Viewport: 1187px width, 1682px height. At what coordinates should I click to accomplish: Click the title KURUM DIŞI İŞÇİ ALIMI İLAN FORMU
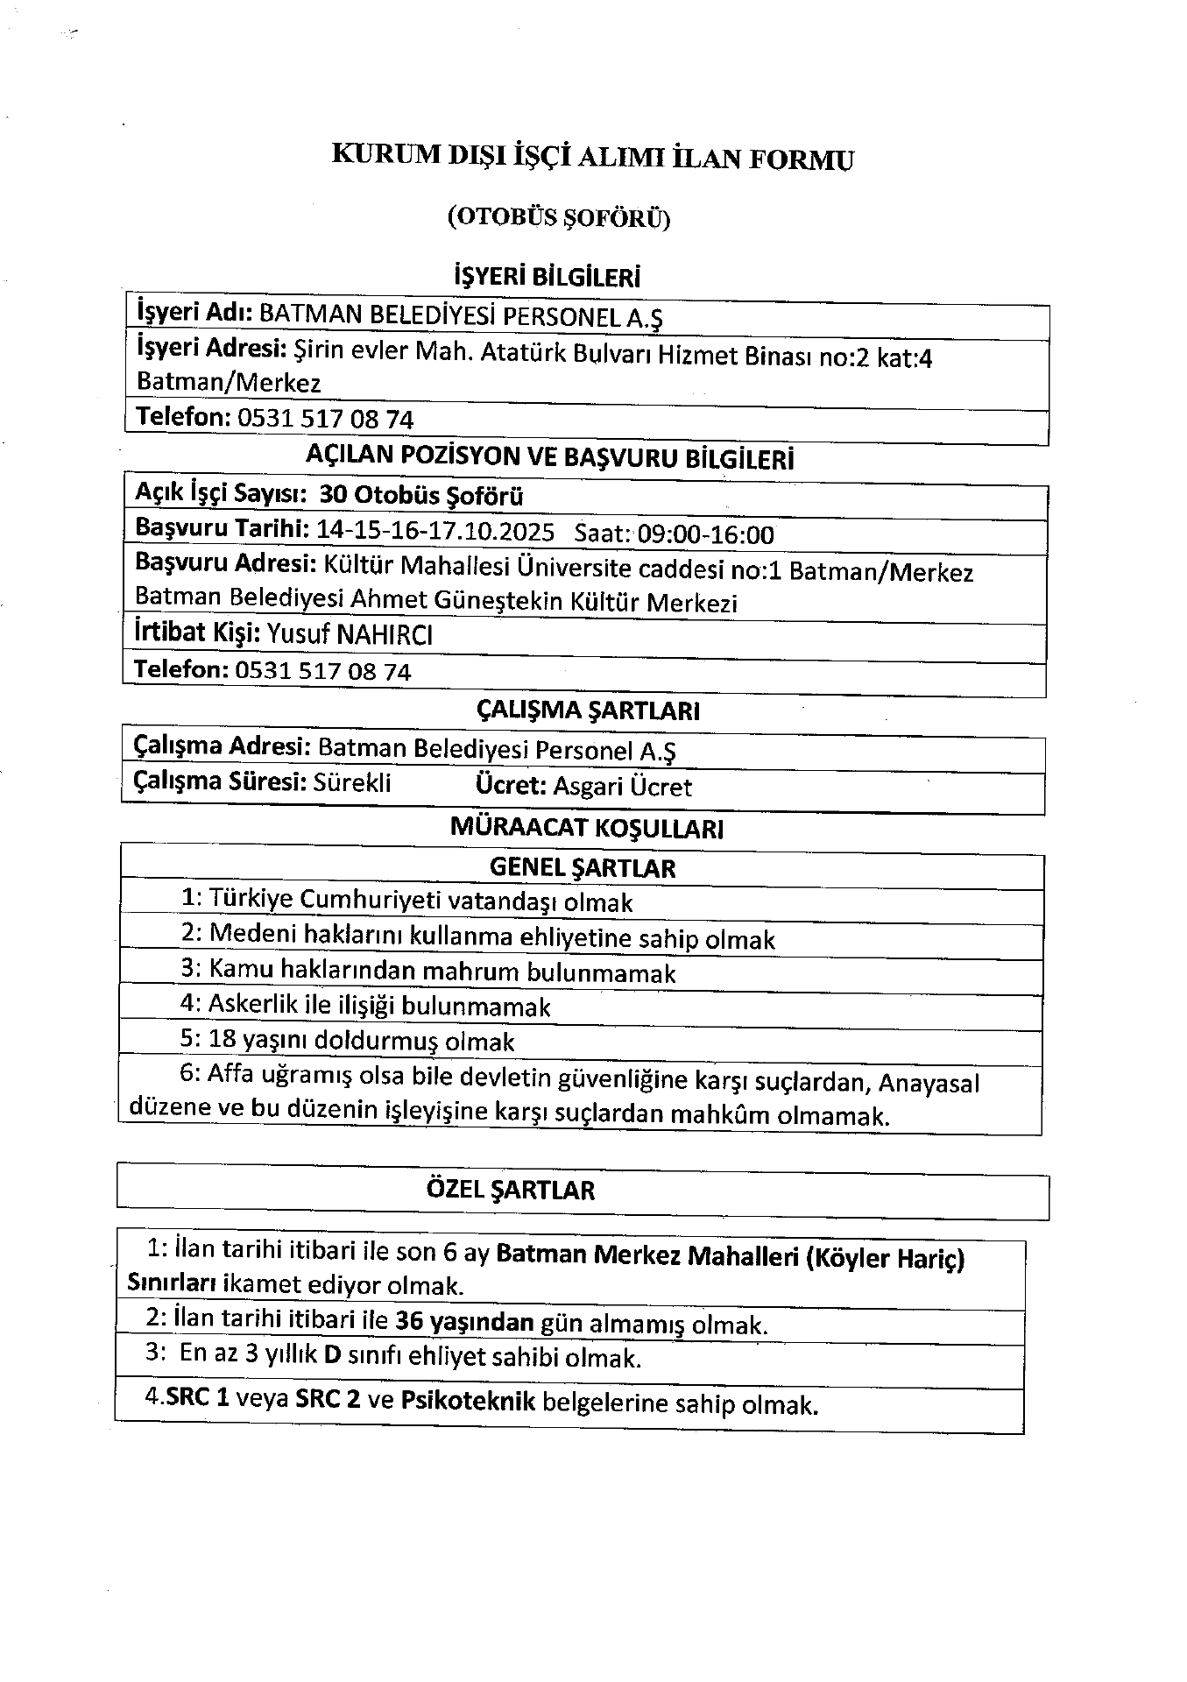point(592,158)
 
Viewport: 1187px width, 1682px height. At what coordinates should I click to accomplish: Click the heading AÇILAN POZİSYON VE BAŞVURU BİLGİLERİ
point(550,457)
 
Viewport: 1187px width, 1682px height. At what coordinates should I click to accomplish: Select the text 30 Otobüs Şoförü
point(421,496)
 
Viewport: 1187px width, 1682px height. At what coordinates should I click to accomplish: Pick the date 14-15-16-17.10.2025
point(435,532)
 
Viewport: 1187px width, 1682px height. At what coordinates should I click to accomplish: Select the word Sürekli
point(352,782)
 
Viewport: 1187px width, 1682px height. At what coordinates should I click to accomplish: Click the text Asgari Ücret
point(622,787)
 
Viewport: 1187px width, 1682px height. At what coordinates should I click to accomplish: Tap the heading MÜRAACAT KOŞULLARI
point(586,828)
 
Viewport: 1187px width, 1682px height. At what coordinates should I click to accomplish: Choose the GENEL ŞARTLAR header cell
point(583,868)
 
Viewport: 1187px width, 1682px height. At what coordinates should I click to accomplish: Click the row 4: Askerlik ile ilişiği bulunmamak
point(365,1006)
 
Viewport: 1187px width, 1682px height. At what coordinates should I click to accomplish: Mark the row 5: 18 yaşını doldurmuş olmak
point(347,1042)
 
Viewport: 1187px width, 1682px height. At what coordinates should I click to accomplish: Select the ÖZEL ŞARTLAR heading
point(511,1190)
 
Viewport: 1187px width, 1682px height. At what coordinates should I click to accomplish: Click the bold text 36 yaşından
point(464,1322)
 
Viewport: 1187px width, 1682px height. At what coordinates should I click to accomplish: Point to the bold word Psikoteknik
point(468,1401)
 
